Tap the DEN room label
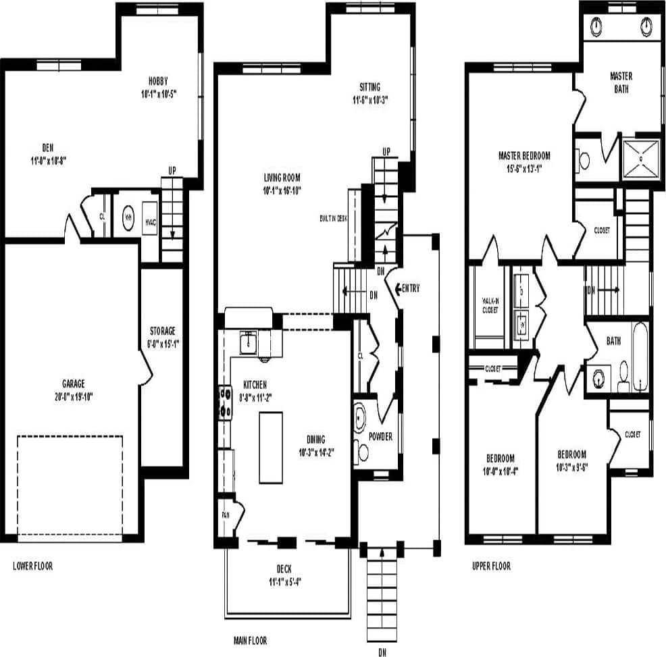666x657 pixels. [48, 147]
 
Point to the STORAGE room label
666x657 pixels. [162, 331]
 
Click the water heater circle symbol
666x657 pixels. [128, 217]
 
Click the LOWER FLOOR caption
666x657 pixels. [32, 566]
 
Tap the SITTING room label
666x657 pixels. [369, 87]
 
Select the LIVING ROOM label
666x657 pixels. [282, 178]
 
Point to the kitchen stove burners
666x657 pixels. [224, 403]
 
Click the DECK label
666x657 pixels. [284, 569]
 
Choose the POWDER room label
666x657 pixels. [380, 437]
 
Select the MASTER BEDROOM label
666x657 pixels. [524, 155]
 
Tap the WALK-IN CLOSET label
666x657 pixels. [490, 305]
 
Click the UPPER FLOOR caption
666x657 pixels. [491, 566]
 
